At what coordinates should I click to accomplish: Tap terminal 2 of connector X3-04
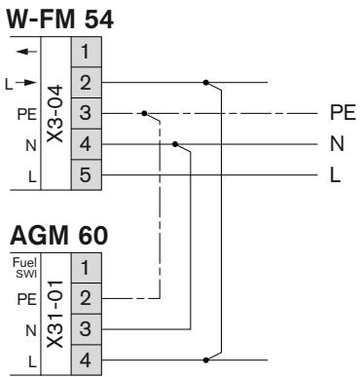point(84,82)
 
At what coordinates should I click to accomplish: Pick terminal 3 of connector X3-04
point(84,113)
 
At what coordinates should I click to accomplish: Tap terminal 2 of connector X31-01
point(84,294)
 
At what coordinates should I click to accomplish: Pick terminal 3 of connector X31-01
point(84,324)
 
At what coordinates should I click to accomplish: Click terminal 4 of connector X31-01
point(84,356)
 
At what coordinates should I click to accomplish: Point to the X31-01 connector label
point(55,310)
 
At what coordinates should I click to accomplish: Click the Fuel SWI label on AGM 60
point(20,263)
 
